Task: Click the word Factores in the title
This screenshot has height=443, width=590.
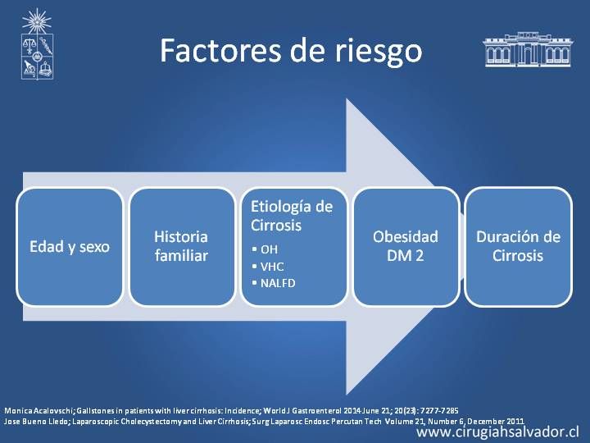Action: pyautogui.click(x=220, y=51)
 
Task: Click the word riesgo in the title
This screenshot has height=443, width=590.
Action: pyautogui.click(x=379, y=53)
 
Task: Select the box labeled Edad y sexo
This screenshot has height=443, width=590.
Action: pyautogui.click(x=70, y=247)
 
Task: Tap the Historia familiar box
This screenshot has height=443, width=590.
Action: pyautogui.click(x=182, y=247)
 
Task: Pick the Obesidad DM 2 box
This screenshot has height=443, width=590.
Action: pyautogui.click(x=406, y=247)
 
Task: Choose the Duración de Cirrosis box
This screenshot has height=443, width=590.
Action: pyautogui.click(x=518, y=247)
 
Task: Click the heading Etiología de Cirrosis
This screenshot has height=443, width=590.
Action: pyautogui.click(x=292, y=216)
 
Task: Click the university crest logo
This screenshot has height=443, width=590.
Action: pyautogui.click(x=37, y=44)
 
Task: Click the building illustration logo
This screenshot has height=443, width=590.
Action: pyautogui.click(x=528, y=49)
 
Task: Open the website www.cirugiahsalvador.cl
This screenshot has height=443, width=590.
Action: pyautogui.click(x=498, y=432)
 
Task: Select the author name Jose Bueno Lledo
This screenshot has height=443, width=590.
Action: pyautogui.click(x=36, y=421)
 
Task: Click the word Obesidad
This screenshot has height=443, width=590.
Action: pyautogui.click(x=406, y=237)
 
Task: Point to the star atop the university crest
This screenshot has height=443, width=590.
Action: pyautogui.click(x=37, y=21)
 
